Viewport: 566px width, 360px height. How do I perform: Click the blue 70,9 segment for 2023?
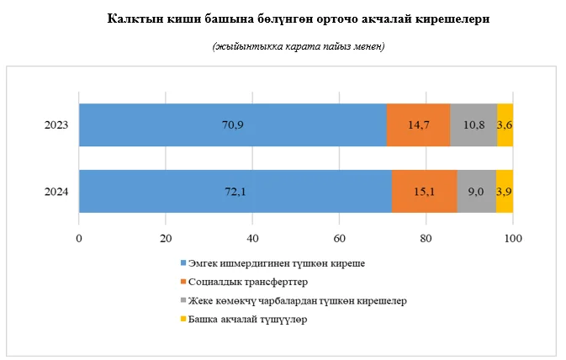[x=232, y=125]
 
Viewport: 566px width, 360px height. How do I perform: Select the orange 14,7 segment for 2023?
[x=418, y=125]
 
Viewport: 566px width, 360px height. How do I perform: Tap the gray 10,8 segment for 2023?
[x=473, y=125]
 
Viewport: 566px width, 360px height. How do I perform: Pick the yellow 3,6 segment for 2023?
[x=505, y=125]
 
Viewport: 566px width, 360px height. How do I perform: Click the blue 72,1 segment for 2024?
[x=235, y=192]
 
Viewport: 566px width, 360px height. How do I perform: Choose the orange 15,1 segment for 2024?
[x=425, y=192]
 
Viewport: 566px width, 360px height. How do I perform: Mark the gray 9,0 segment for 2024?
[x=476, y=192]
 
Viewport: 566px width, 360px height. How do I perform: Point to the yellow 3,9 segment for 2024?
[x=505, y=192]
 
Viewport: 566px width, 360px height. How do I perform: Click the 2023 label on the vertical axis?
[x=56, y=125]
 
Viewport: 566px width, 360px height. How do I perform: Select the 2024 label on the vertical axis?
[x=56, y=192]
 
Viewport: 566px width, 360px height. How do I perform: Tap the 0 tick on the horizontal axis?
[x=79, y=238]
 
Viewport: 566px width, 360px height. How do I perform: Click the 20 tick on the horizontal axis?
[x=166, y=238]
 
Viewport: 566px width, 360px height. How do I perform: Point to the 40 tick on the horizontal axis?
[x=252, y=238]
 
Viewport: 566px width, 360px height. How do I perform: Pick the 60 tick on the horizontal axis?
[x=339, y=238]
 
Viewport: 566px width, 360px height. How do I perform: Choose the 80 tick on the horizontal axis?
[x=426, y=238]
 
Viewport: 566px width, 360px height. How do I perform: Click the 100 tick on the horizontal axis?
[x=512, y=238]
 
